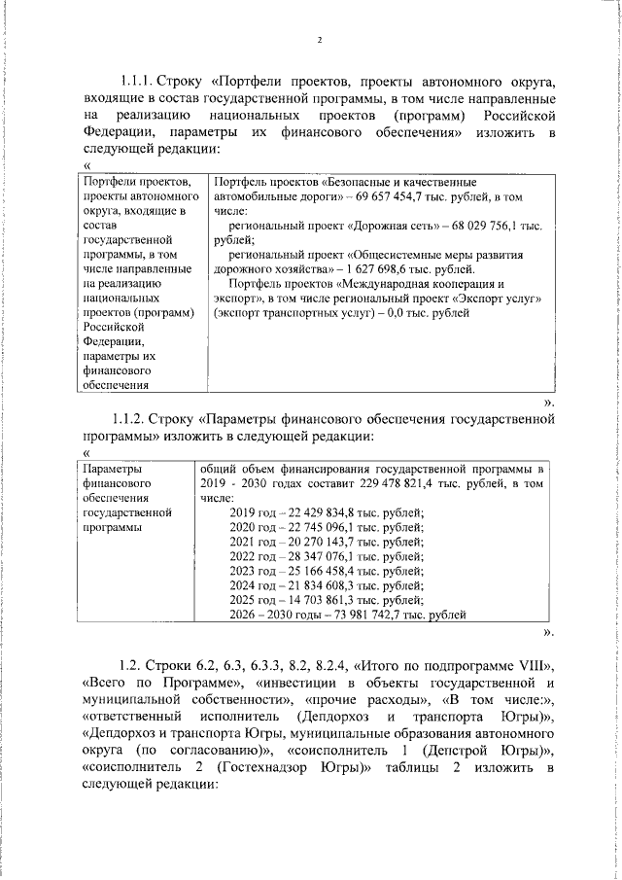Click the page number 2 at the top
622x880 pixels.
tap(318, 40)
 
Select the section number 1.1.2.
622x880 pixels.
tap(129, 420)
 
